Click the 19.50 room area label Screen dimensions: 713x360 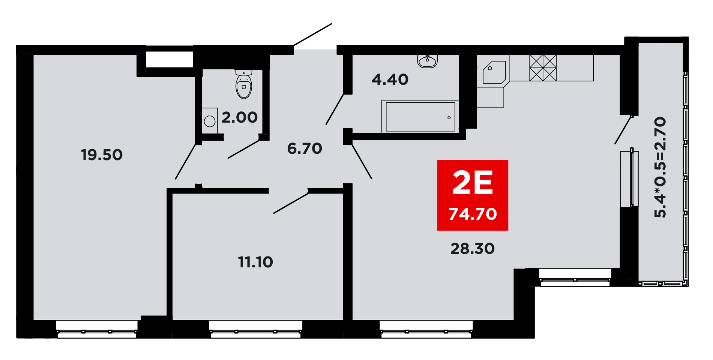(x=102, y=155)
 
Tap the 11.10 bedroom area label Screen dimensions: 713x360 (x=255, y=262)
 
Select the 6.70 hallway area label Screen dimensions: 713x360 (x=305, y=148)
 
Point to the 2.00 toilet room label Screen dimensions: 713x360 (x=239, y=117)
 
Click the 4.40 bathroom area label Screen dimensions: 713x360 (x=390, y=79)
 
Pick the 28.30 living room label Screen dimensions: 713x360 (x=473, y=249)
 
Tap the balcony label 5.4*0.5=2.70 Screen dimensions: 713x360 (x=660, y=167)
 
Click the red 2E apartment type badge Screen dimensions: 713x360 (x=473, y=195)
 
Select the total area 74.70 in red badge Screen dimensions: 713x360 (x=473, y=214)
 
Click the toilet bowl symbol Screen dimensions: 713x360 (x=244, y=84)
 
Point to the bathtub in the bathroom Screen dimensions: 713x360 (x=420, y=117)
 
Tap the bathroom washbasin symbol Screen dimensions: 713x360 (x=428, y=61)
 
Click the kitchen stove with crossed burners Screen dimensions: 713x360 (x=543, y=68)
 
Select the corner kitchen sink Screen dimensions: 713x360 (x=494, y=72)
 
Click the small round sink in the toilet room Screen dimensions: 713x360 (x=210, y=121)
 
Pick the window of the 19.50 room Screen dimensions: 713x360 (x=97, y=330)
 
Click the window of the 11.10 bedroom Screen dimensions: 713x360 (x=256, y=330)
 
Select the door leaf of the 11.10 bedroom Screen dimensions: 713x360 (x=291, y=202)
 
